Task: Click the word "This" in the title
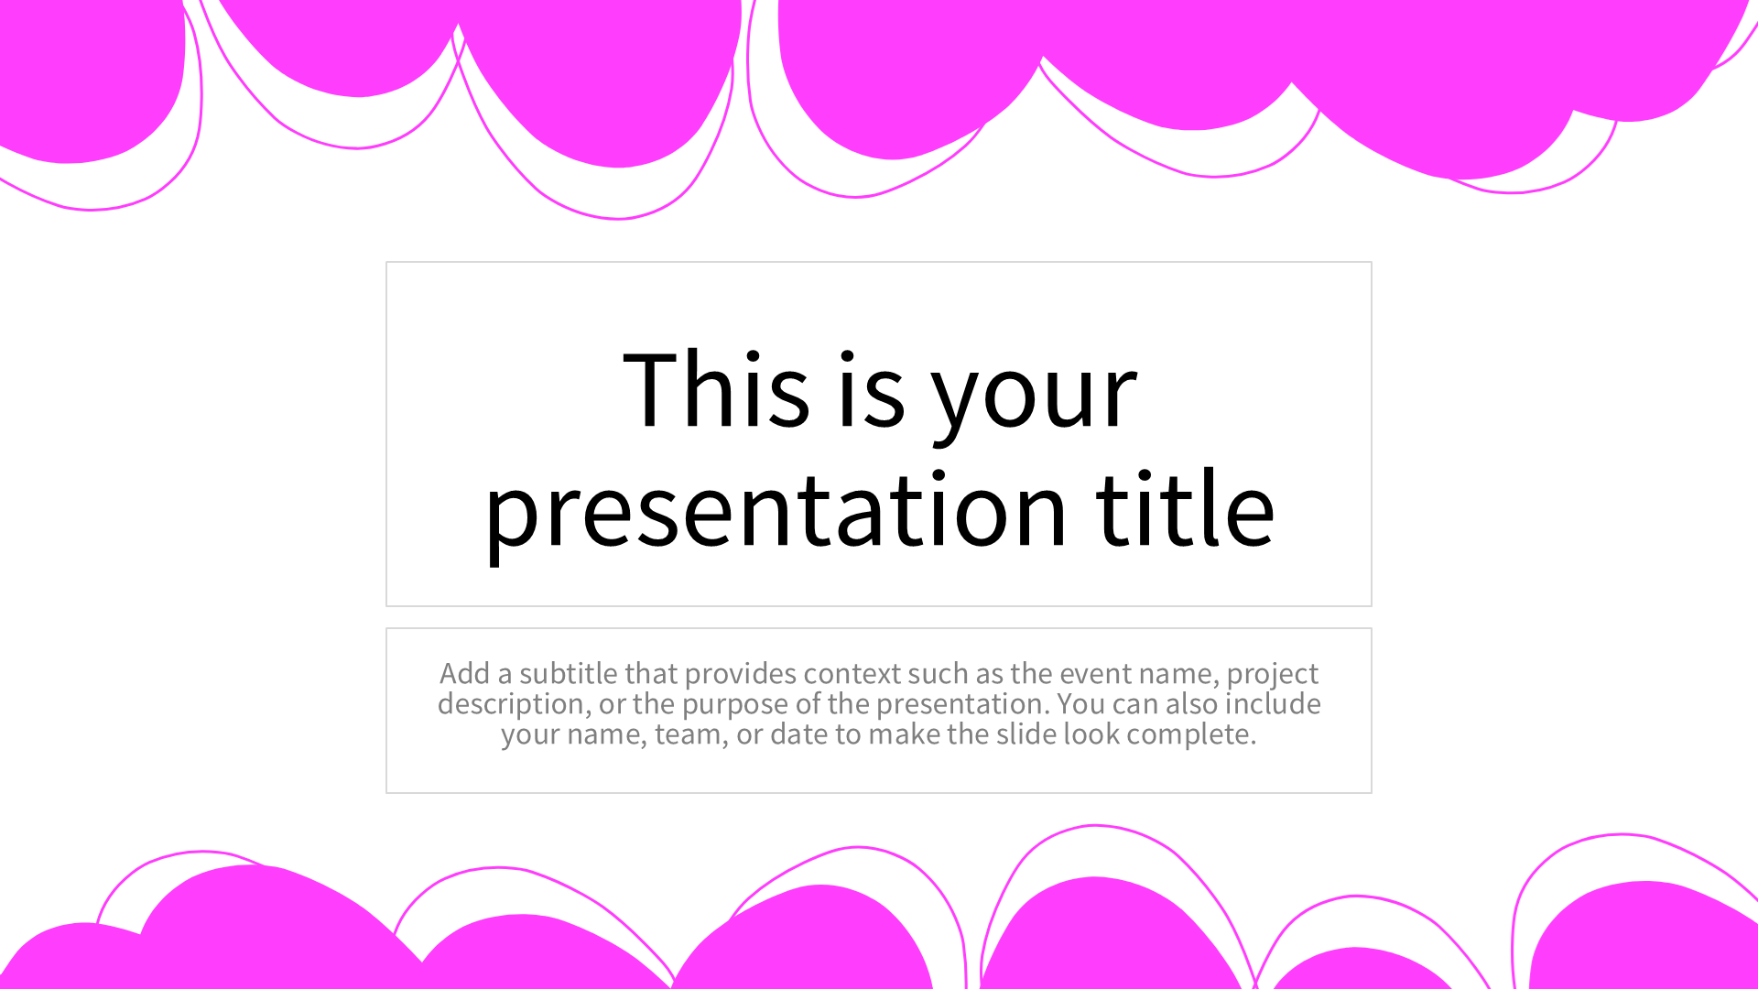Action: coord(716,388)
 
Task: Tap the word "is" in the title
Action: coord(872,388)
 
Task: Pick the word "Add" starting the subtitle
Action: coord(465,673)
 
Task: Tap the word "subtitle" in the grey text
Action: coord(569,673)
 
